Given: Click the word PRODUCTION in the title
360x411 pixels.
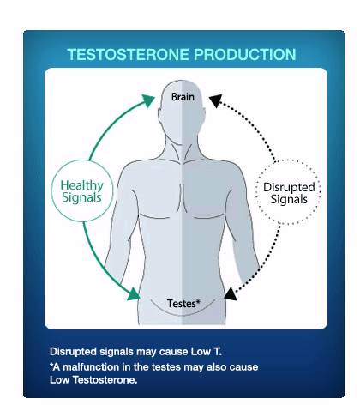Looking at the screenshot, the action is (x=245, y=55).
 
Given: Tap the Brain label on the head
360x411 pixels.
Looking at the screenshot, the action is (x=183, y=97).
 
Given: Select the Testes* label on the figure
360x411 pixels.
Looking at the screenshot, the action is (x=183, y=304).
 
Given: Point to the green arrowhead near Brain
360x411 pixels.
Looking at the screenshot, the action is (x=148, y=100).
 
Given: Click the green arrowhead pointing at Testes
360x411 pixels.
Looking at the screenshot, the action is (x=134, y=294).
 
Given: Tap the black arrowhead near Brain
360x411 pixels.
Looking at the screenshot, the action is (x=216, y=100).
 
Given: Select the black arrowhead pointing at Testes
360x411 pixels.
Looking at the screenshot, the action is (x=231, y=294).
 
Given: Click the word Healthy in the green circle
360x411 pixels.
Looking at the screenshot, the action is (x=82, y=185).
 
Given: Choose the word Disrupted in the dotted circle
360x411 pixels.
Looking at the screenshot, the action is (x=289, y=187).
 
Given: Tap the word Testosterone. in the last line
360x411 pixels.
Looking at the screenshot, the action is (x=105, y=380).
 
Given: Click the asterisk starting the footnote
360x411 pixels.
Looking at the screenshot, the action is (x=51, y=365).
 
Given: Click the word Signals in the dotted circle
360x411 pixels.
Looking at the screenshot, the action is (x=289, y=200).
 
